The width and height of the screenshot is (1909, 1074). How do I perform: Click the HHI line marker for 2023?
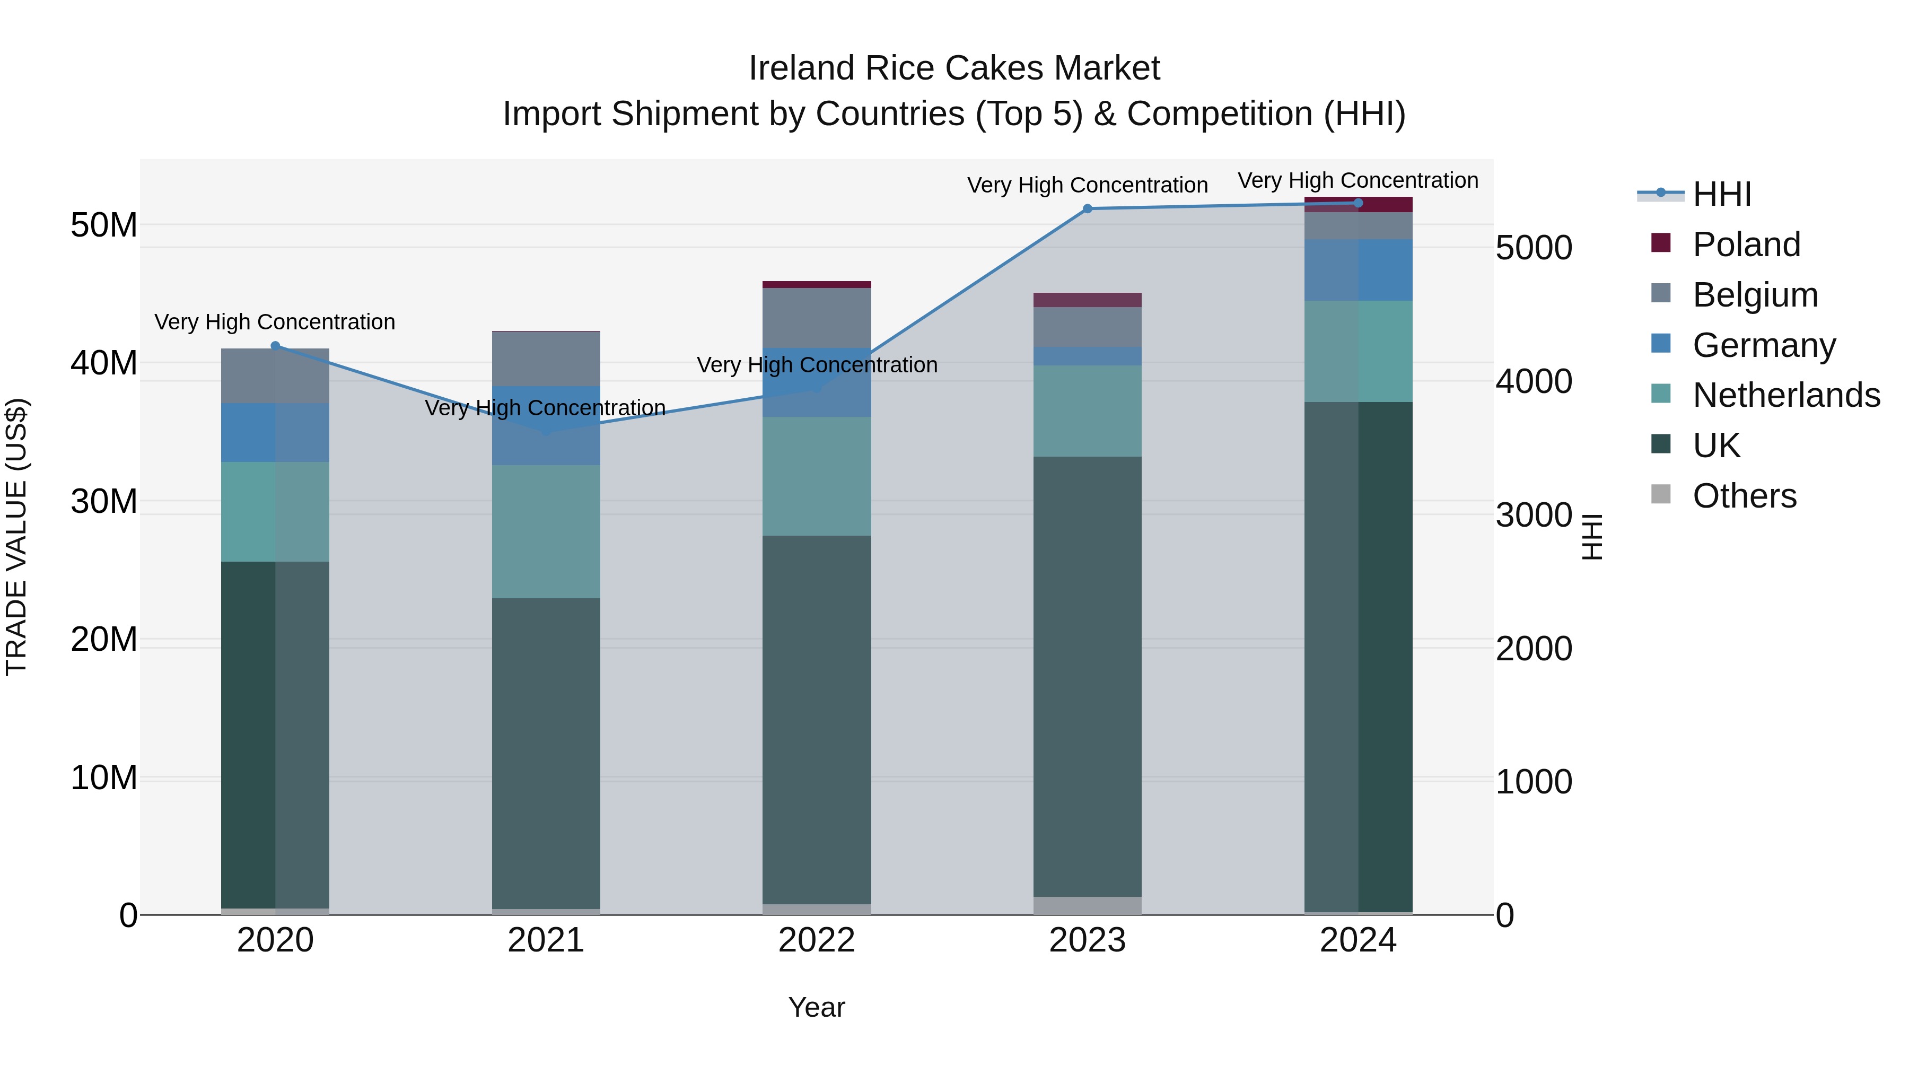point(1087,209)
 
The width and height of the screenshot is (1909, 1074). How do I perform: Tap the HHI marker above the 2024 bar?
point(1358,203)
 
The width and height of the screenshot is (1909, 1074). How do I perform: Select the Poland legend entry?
point(1746,245)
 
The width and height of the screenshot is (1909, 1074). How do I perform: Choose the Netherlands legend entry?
point(1786,395)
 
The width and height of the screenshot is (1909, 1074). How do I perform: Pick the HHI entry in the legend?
point(1721,194)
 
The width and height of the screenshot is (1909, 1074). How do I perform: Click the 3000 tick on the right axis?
point(1533,515)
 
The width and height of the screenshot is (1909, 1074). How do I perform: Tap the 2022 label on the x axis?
point(817,940)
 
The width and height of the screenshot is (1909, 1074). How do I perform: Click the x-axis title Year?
point(817,1007)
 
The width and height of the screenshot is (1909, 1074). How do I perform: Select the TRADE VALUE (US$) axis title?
point(16,537)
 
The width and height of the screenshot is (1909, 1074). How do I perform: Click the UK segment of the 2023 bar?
point(1087,676)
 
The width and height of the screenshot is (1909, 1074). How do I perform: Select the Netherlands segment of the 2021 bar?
point(546,531)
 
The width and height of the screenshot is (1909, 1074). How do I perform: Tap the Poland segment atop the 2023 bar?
point(1087,300)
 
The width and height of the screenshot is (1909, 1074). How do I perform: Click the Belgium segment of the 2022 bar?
point(817,318)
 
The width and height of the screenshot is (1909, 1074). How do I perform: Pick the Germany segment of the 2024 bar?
point(1358,270)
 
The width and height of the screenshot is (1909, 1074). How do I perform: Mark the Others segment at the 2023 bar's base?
point(1087,906)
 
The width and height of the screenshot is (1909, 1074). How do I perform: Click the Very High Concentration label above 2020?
point(275,322)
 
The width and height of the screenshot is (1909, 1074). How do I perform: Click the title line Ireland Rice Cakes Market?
point(954,68)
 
